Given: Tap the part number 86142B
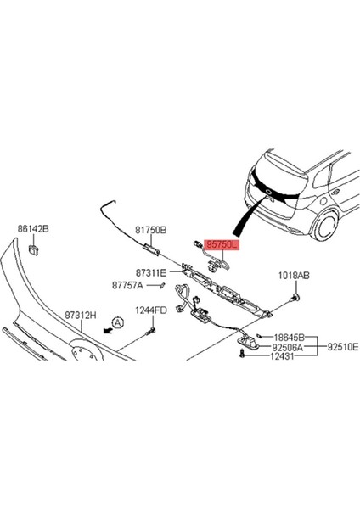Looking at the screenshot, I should [34, 229].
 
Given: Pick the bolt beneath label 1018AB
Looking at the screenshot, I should [297, 298].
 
